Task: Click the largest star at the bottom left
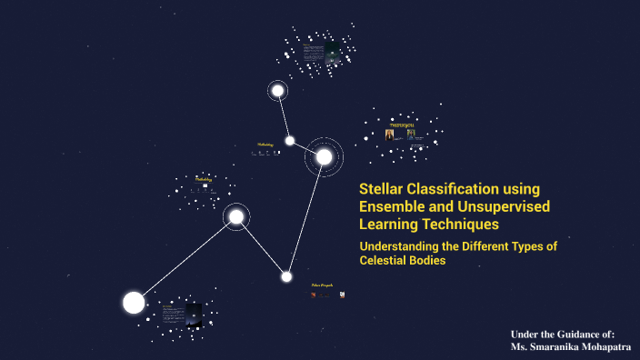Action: click(x=134, y=303)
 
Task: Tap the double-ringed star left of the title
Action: click(x=324, y=157)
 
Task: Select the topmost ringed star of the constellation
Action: click(x=277, y=90)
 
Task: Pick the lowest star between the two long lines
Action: click(x=286, y=276)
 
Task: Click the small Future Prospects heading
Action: click(x=322, y=285)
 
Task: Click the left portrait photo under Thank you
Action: click(x=389, y=134)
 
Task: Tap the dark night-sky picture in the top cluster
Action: click(x=332, y=52)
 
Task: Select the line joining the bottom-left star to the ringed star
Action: click(x=185, y=259)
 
